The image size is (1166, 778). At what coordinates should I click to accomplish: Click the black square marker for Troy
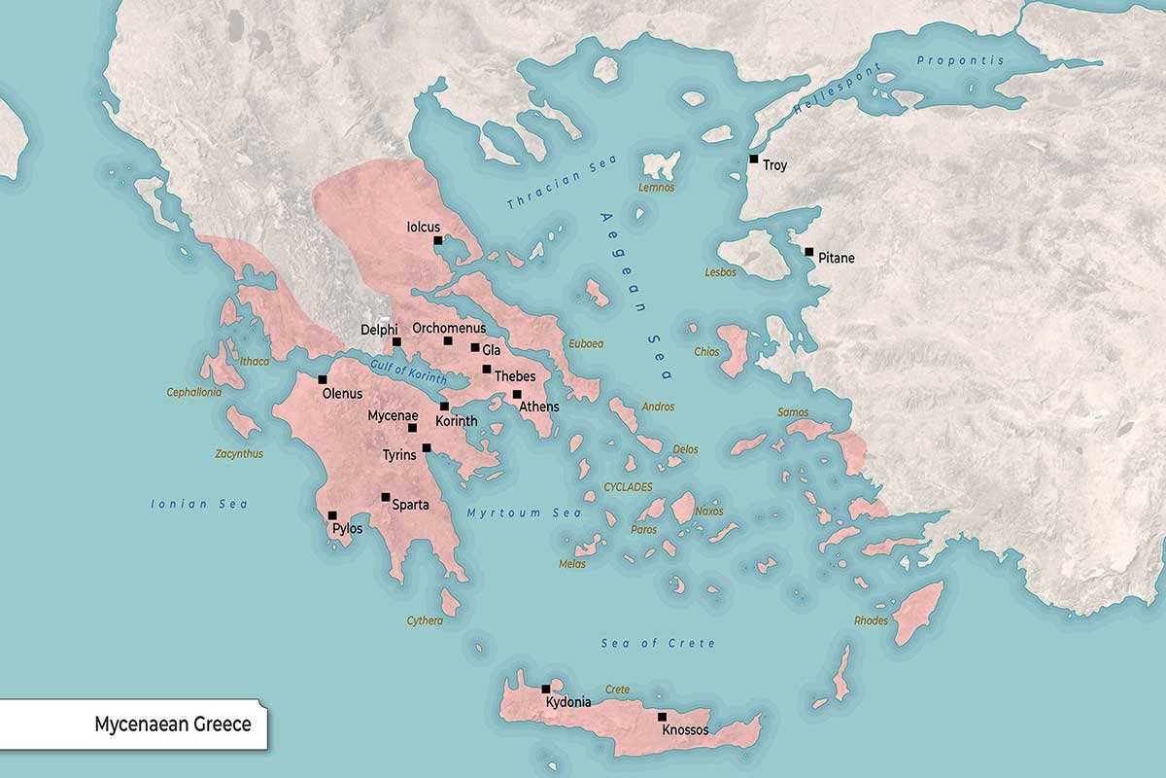tap(754, 159)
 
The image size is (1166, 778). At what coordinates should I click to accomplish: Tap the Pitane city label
tap(837, 259)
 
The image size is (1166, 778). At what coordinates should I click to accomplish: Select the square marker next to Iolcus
tap(438, 240)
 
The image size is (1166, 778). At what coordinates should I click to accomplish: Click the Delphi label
tap(379, 330)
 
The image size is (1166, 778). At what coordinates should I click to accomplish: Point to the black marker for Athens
tap(517, 395)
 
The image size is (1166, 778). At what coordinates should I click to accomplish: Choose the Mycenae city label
tap(393, 415)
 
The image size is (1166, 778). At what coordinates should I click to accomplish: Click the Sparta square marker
tap(386, 497)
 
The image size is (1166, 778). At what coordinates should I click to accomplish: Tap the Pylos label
tap(347, 529)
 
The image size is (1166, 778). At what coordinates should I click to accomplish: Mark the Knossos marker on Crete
tap(662, 717)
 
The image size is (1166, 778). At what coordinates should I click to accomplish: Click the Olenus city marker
tap(323, 379)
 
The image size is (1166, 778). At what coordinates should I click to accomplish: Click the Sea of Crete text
tap(658, 644)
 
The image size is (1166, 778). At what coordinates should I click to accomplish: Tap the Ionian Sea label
tap(199, 504)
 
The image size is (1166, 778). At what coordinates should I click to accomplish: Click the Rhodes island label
tap(871, 620)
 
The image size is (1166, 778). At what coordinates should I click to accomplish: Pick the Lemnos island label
tap(656, 187)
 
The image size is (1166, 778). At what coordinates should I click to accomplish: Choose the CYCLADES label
tap(628, 486)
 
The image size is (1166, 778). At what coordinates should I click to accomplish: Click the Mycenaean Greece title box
tap(133, 725)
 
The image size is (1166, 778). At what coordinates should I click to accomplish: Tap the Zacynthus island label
tap(239, 453)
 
